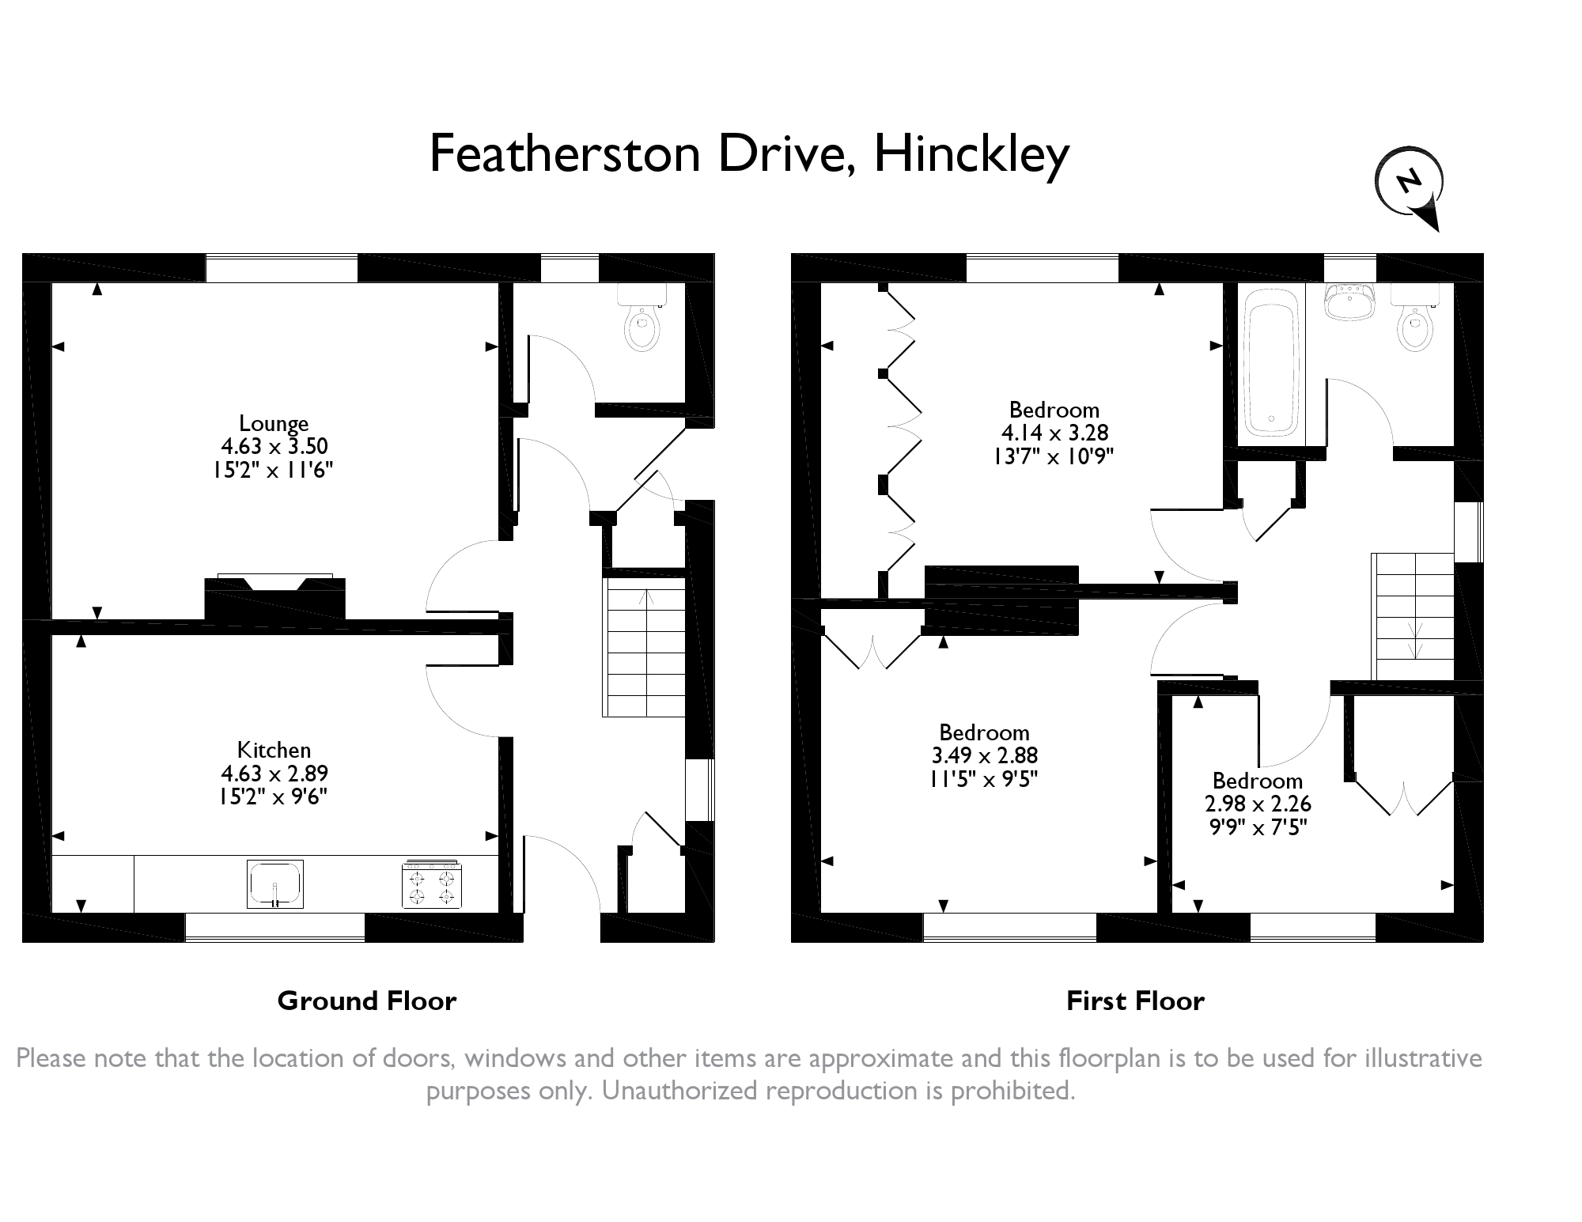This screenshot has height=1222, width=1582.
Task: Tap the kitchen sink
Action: [274, 884]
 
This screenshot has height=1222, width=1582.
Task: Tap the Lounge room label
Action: [274, 423]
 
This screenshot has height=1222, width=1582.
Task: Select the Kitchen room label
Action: [274, 750]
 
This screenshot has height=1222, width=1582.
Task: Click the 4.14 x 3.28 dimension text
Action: [1054, 433]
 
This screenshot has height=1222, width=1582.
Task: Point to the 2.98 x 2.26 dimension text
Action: [1258, 804]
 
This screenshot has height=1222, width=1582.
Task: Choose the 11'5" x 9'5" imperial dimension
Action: [984, 779]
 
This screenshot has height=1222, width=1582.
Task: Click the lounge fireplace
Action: [275, 596]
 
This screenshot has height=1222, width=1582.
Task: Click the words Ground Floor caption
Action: [367, 1001]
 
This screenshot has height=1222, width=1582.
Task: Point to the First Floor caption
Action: [1135, 1001]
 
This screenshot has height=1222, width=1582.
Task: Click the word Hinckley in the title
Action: [971, 154]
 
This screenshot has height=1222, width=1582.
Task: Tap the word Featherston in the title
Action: [566, 154]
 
